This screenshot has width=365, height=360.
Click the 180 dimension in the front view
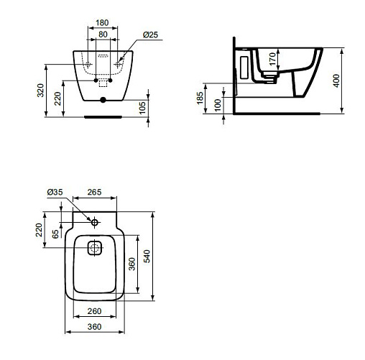(x=102, y=23)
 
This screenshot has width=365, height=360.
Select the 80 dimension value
(x=103, y=34)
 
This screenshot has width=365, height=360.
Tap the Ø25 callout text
(x=150, y=35)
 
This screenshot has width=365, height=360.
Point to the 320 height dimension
(x=40, y=91)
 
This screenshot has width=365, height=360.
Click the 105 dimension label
(x=142, y=108)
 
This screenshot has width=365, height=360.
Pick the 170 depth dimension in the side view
(x=272, y=59)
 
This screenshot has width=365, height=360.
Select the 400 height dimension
(x=336, y=81)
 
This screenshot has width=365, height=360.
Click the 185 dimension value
(x=200, y=98)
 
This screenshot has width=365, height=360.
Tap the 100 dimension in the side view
(x=218, y=105)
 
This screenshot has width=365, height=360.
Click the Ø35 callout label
(x=55, y=192)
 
